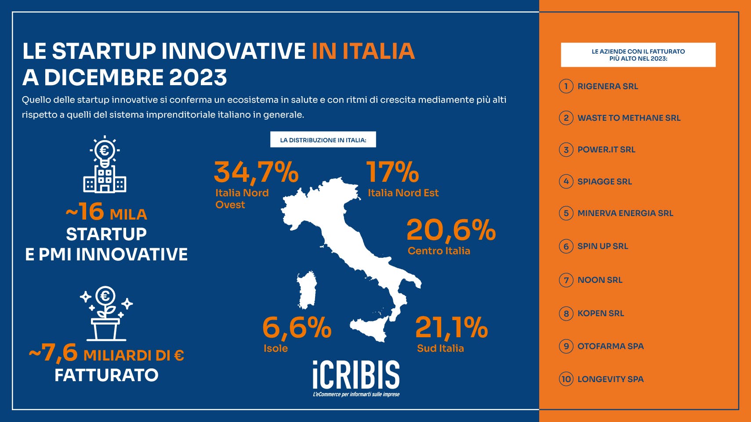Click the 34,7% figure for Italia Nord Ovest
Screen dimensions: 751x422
click(256, 173)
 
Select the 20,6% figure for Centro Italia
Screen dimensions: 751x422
click(451, 231)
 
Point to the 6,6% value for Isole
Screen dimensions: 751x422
click(297, 328)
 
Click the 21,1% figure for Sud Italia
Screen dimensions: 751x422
click(452, 327)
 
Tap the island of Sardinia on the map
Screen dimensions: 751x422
click(307, 290)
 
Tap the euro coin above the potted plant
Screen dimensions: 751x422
click(105, 296)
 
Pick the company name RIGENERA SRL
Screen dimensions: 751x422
click(607, 87)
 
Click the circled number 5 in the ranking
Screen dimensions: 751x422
click(566, 213)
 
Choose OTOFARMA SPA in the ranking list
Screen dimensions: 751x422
click(610, 346)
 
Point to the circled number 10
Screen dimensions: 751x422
click(566, 379)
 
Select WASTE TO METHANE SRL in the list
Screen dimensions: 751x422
click(629, 118)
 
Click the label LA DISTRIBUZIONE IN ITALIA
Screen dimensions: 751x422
click(323, 140)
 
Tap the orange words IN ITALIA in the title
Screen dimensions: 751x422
click(363, 51)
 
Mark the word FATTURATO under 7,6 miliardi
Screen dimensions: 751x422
click(106, 375)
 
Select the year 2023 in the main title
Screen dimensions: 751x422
click(198, 77)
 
